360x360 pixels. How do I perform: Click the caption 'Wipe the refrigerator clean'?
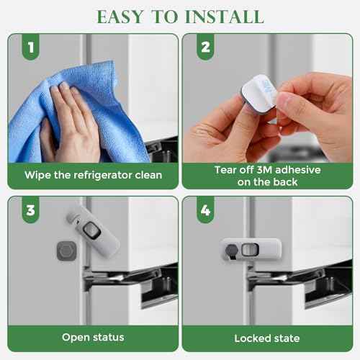tap(93, 175)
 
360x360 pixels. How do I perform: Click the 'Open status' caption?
tap(93, 336)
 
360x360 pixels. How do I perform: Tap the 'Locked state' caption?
tap(267, 336)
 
